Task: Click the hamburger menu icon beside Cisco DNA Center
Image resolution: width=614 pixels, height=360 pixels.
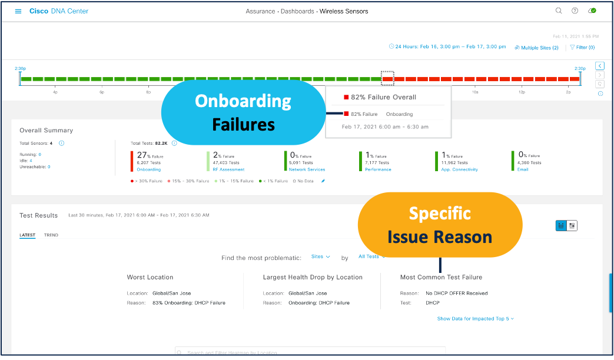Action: click(x=18, y=11)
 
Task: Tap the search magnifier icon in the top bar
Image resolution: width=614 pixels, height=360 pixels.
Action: click(x=559, y=11)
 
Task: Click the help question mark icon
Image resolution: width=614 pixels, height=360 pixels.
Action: click(x=575, y=11)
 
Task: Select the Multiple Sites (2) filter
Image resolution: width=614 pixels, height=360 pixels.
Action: click(x=536, y=48)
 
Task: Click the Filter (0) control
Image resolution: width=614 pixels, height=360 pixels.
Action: click(x=582, y=48)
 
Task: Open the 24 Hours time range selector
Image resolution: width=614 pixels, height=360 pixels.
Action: click(x=447, y=46)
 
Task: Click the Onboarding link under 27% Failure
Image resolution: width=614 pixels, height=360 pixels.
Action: click(x=148, y=169)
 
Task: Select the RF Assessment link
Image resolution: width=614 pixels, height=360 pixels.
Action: click(x=228, y=169)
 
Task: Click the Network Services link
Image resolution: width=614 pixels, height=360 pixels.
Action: click(x=307, y=169)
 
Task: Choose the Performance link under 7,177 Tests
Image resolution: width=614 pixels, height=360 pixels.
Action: click(x=378, y=169)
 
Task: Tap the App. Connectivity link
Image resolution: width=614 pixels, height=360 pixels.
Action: click(x=459, y=169)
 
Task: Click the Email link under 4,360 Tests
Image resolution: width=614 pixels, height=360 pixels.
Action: click(x=522, y=169)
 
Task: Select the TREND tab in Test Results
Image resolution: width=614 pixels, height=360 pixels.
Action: click(x=51, y=235)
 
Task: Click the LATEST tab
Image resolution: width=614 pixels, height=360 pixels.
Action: click(x=27, y=235)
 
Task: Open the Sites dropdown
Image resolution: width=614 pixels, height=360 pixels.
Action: click(x=320, y=257)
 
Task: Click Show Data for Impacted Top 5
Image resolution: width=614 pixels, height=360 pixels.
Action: click(x=475, y=319)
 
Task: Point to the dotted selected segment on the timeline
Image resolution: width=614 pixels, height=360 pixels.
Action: click(x=387, y=78)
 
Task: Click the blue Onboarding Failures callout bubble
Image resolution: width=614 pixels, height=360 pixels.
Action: click(x=243, y=112)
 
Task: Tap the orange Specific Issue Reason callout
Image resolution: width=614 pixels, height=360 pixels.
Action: click(x=440, y=225)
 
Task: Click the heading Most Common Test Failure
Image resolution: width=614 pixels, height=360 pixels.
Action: click(x=441, y=277)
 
